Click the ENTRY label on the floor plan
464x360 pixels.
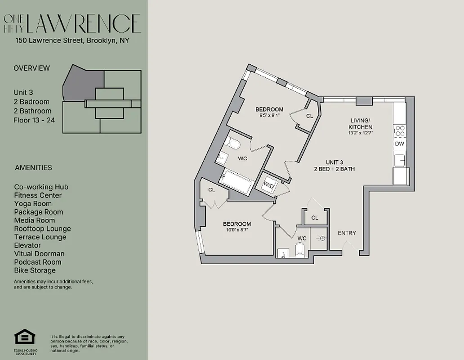pos(347,233)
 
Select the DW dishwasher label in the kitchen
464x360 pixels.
pos(399,144)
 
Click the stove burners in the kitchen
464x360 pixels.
pos(399,130)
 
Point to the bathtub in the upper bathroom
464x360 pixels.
pos(235,182)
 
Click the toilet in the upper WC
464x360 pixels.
pos(233,144)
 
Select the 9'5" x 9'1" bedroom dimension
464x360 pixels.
pos(269,116)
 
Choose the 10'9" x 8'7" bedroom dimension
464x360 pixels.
pos(237,230)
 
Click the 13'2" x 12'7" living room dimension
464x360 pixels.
pos(360,133)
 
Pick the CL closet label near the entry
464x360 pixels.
pos(315,218)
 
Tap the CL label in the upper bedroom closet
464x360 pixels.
pos(309,116)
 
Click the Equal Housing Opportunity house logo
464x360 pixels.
pos(25,337)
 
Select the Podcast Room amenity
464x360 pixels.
pos(37,262)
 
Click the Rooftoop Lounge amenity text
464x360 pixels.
pos(42,229)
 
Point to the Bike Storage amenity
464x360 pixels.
pos(35,270)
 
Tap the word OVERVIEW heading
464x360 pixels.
pos(31,68)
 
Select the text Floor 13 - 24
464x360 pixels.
pos(34,120)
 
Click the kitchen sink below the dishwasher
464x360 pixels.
pos(399,160)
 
